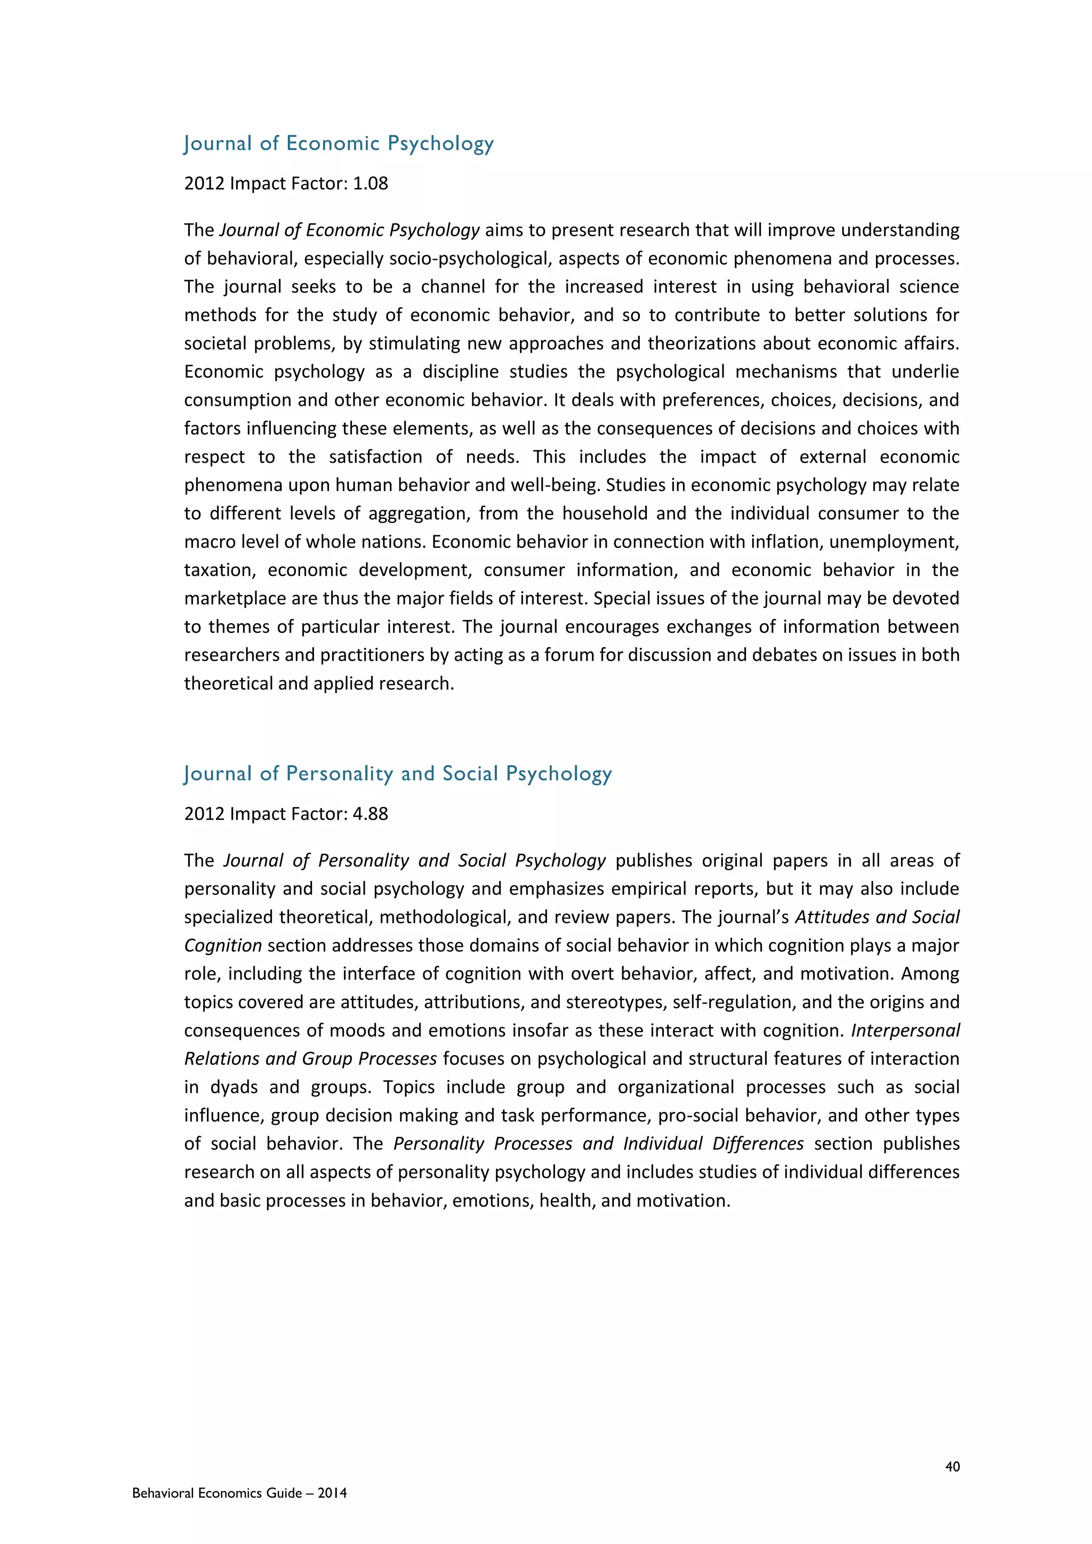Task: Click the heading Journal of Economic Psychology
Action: [339, 144]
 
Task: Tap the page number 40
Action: [952, 1467]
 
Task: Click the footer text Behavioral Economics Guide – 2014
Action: [239, 1493]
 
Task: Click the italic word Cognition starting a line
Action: [222, 945]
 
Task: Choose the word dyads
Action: [235, 1088]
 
